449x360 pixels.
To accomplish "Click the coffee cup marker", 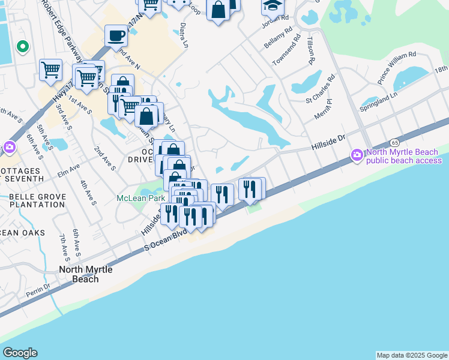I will click(116, 36).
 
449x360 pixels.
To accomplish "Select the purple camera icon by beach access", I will click(357, 155).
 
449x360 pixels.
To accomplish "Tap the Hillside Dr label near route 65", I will click(328, 142).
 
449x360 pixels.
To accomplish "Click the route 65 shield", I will click(394, 143).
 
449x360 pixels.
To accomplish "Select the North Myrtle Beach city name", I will click(85, 274).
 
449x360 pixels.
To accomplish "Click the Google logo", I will click(20, 353).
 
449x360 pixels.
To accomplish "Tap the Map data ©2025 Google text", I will click(411, 355).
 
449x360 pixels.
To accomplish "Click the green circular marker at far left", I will click(23, 46).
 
